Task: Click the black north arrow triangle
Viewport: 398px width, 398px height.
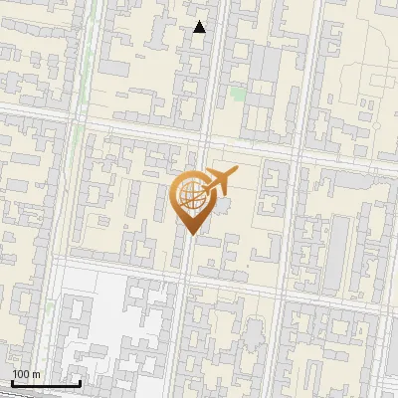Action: pos(200,27)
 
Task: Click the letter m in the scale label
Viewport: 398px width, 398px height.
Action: pos(37,374)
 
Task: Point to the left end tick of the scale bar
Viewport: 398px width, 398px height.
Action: pos(12,382)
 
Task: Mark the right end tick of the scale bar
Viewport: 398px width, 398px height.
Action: pos(80,382)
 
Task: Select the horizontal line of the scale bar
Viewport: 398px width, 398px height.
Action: pos(46,384)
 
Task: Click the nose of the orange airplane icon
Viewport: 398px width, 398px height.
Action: pos(238,173)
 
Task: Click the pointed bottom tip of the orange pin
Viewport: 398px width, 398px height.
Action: pos(189,233)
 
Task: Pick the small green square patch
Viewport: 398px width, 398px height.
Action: pos(237,94)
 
